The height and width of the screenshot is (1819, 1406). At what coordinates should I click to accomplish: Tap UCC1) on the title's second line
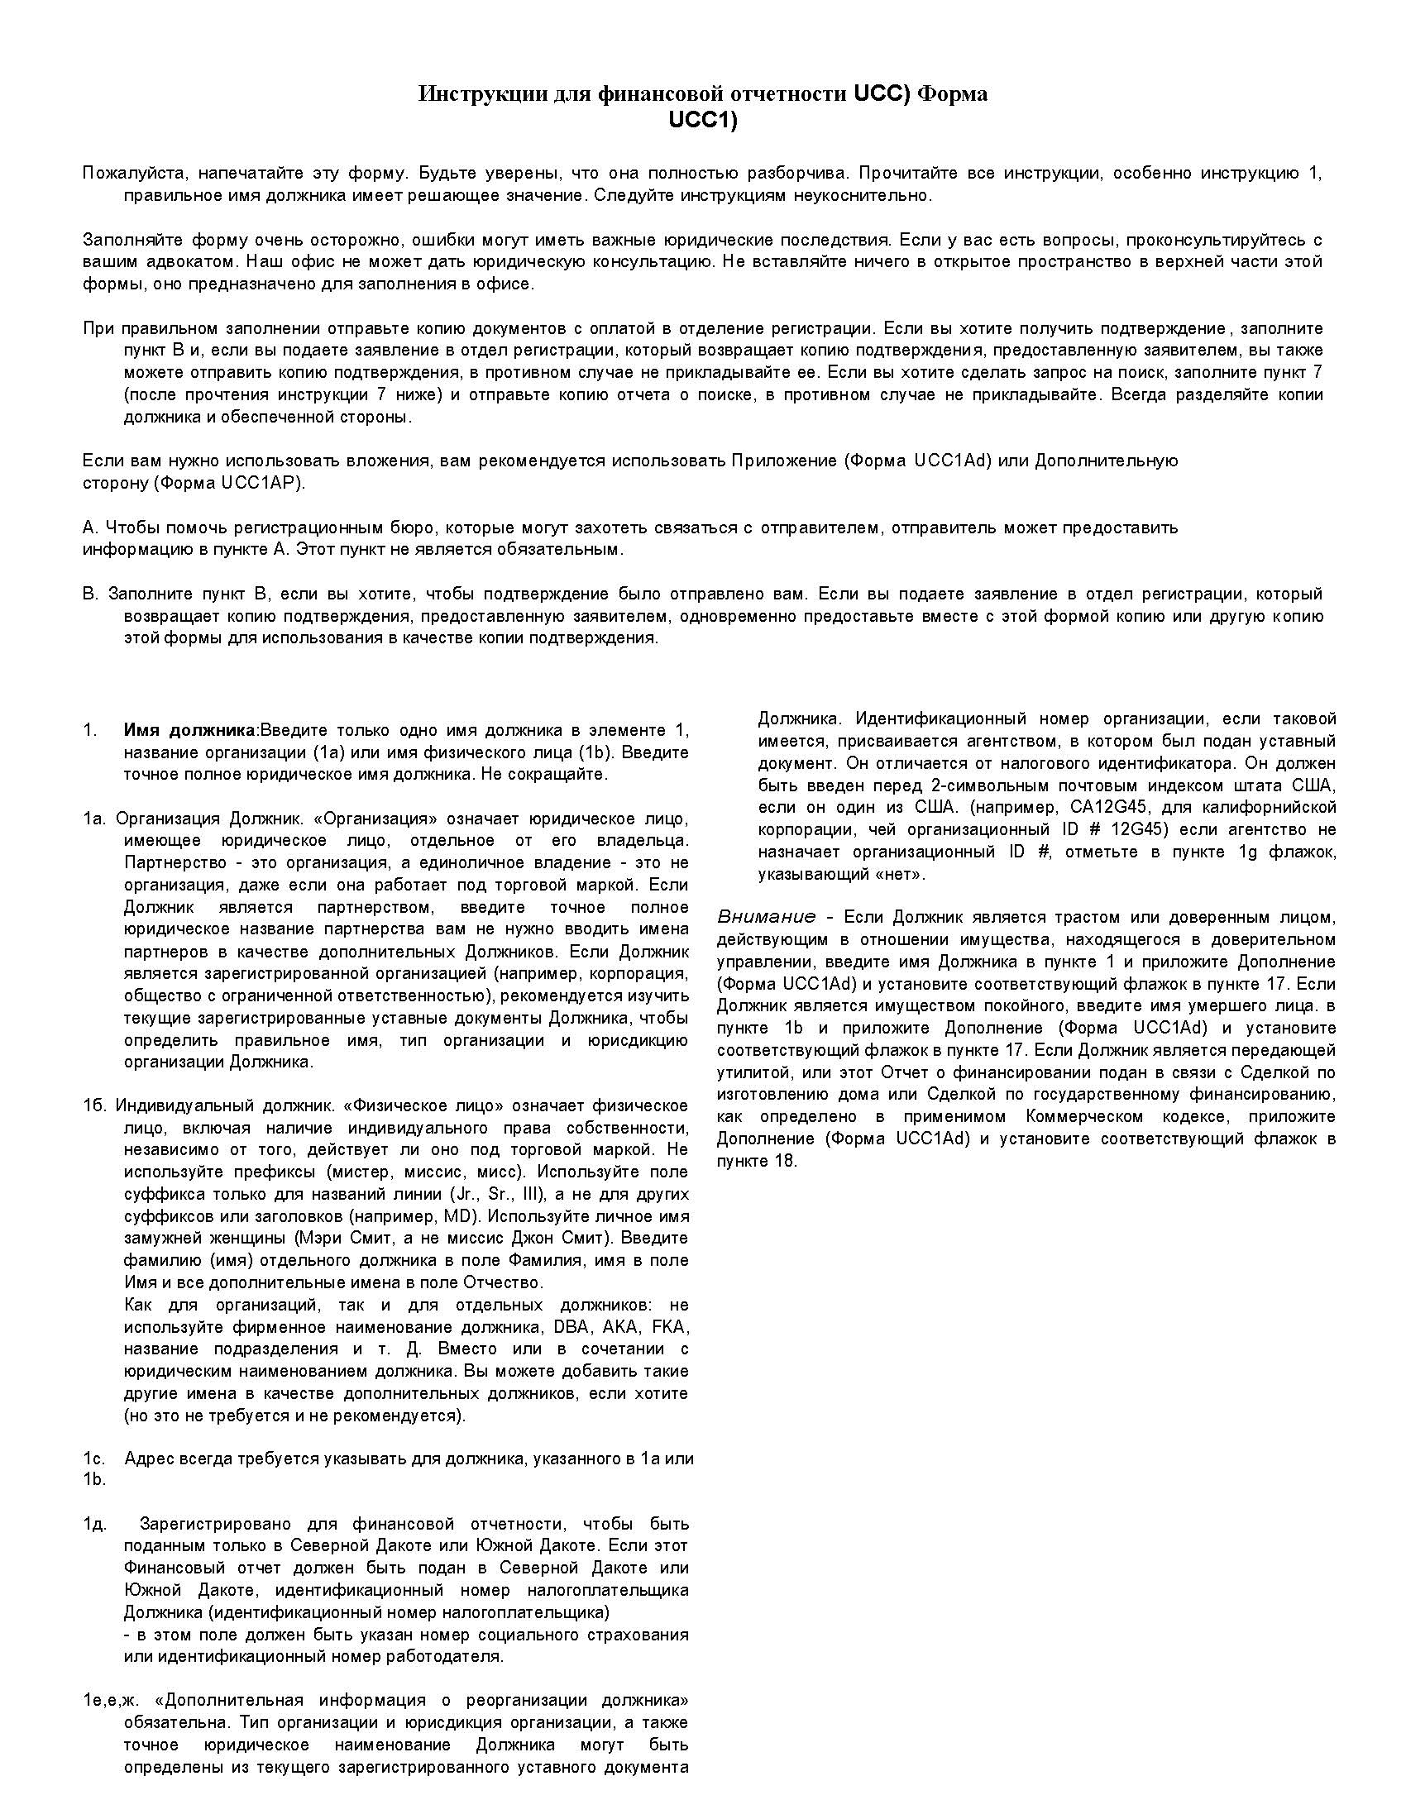click(703, 121)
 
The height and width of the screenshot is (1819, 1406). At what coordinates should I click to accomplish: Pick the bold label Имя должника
click(191, 730)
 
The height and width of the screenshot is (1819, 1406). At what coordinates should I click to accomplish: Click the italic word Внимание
click(767, 917)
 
